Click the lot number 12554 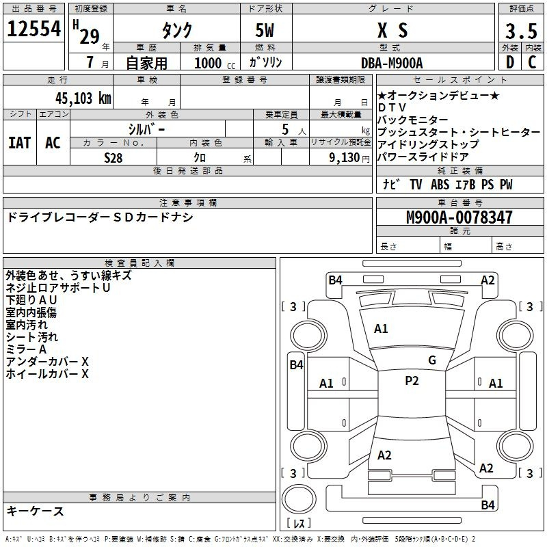pyautogui.click(x=34, y=29)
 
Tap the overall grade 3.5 pyautogui.click(x=521, y=31)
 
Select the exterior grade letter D pyautogui.click(x=510, y=62)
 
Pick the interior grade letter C pyautogui.click(x=533, y=62)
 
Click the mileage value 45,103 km pyautogui.click(x=83, y=98)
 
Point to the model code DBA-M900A pyautogui.click(x=392, y=63)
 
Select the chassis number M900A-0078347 pyautogui.click(x=459, y=217)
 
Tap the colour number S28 pyautogui.click(x=114, y=158)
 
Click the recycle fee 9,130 pyautogui.click(x=345, y=158)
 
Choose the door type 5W pyautogui.click(x=265, y=30)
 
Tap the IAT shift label pyautogui.click(x=20, y=143)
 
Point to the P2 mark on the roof pyautogui.click(x=412, y=381)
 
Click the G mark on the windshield pyautogui.click(x=432, y=360)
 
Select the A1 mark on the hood pyautogui.click(x=381, y=329)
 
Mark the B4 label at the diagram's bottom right pyautogui.click(x=488, y=505)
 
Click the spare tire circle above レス pyautogui.click(x=299, y=499)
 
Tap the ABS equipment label pyautogui.click(x=440, y=185)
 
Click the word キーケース pyautogui.click(x=36, y=511)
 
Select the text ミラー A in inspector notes pyautogui.click(x=26, y=349)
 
